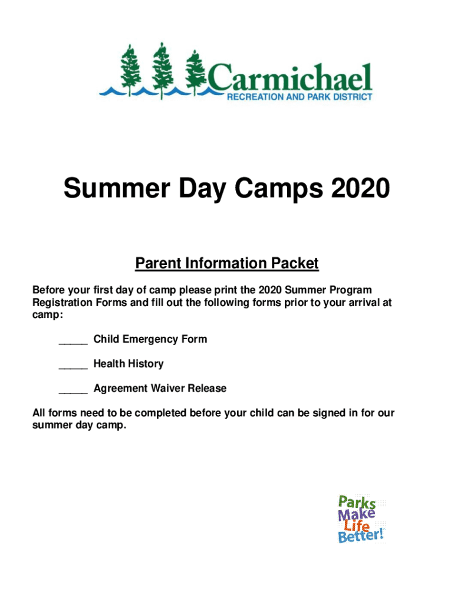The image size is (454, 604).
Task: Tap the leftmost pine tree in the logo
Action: point(131,70)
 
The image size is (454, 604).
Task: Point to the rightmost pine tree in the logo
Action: point(196,73)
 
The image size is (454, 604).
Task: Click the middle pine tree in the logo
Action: point(163,70)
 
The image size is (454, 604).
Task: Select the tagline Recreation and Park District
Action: point(300,97)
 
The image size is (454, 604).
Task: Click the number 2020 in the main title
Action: point(360,188)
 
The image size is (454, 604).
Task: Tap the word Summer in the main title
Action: point(117,188)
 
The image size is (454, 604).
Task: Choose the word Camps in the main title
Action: point(279,189)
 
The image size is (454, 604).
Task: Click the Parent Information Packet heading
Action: point(227,264)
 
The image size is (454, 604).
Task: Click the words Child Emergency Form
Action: point(150,339)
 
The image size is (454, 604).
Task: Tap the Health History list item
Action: point(129,364)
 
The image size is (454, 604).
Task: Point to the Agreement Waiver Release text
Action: point(160,388)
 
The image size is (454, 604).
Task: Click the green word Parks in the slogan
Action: point(357,503)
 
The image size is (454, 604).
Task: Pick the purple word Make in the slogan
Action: point(356,514)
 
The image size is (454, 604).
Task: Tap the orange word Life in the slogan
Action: point(357,526)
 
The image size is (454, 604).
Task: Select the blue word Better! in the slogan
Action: point(361,536)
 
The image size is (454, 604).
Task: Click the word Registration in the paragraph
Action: point(62,303)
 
